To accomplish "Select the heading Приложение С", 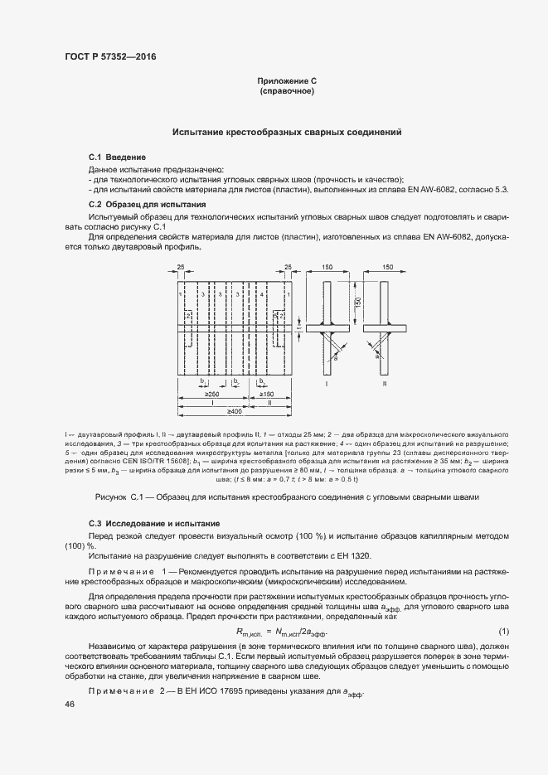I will (287, 81).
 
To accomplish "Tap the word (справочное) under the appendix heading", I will (287, 90).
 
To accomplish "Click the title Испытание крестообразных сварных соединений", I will (287, 132).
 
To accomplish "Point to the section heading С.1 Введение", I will (118, 157).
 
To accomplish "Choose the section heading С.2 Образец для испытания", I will (148, 204).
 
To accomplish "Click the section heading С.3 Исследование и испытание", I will (153, 524).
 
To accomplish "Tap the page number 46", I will (70, 704).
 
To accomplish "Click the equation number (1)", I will (503, 632).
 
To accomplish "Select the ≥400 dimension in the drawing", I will (235, 411).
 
